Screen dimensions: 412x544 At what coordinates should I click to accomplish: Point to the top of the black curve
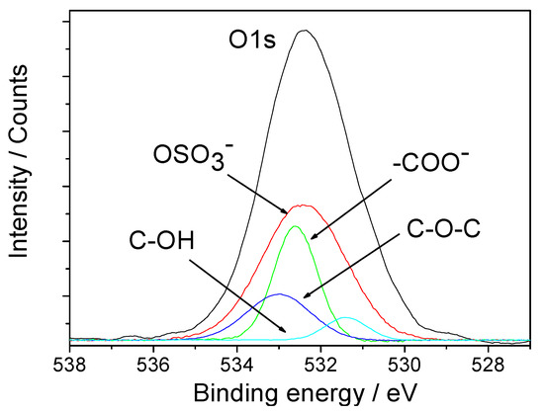[304, 30]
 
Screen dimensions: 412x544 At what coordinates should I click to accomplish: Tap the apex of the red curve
[304, 206]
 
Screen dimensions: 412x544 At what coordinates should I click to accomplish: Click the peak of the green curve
[295, 226]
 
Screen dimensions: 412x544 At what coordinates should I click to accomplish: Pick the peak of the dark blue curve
[280, 293]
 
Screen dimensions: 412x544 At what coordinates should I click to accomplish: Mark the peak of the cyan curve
[347, 317]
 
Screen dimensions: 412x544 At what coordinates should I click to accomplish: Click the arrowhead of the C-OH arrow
[290, 330]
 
